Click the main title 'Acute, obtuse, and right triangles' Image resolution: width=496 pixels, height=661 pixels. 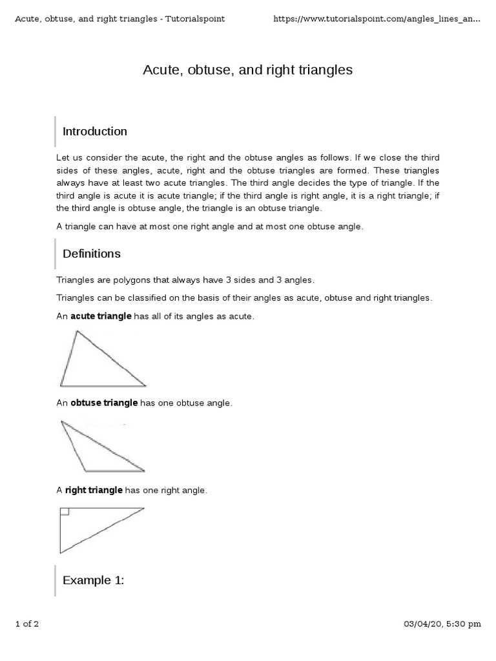[247, 70]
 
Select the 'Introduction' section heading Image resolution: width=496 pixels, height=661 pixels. [94, 132]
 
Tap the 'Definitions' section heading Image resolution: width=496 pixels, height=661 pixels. [91, 254]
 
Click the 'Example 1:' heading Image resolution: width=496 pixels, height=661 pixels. [93, 580]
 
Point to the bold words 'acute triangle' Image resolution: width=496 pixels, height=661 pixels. [101, 316]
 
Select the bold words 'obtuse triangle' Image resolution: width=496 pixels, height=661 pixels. [104, 403]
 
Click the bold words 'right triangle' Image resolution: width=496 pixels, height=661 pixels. [94, 491]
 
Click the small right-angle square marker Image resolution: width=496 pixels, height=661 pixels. [64, 512]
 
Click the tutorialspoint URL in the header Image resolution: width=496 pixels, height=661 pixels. [377, 19]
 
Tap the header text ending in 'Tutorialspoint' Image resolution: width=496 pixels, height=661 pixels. [119, 19]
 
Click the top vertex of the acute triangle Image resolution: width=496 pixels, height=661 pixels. [77, 331]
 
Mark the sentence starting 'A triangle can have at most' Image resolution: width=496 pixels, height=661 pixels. [210, 227]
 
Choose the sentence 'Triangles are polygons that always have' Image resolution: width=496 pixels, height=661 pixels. [185, 280]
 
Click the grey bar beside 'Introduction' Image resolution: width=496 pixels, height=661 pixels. [56, 132]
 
